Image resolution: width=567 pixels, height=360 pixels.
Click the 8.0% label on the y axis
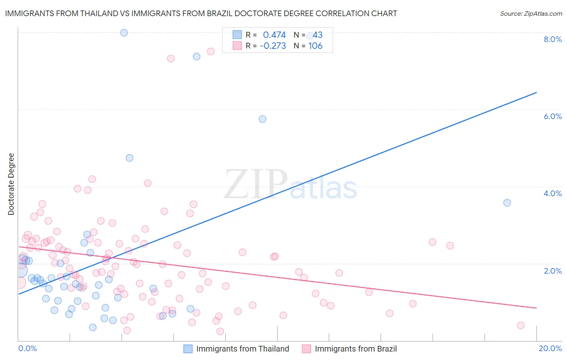[x=552, y=39]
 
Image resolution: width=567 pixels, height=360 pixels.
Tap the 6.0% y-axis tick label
[x=552, y=116]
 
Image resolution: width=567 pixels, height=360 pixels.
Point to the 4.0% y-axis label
[x=552, y=193]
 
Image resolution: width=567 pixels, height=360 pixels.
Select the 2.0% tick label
[x=552, y=271]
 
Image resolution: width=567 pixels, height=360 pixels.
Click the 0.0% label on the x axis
[x=27, y=348]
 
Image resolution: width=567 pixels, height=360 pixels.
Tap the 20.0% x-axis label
[x=550, y=348]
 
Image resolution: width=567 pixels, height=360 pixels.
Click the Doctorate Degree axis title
[x=11, y=184]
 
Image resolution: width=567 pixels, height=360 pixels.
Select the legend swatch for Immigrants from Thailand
[x=188, y=349]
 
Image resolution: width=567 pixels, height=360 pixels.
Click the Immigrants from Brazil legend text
[x=356, y=349]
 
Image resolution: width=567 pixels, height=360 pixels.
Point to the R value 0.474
[x=274, y=35]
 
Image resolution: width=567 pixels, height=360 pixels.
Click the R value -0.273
[x=273, y=46]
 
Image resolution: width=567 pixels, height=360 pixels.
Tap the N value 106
[x=315, y=46]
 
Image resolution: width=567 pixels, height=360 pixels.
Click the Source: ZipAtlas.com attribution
[x=531, y=14]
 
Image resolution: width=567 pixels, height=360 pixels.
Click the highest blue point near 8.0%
[x=124, y=33]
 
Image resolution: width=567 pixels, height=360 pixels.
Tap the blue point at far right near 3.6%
[x=507, y=203]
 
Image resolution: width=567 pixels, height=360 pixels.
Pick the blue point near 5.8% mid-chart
[x=263, y=119]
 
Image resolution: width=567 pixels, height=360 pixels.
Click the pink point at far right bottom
[x=521, y=325]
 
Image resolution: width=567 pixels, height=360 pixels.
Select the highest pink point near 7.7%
[x=211, y=51]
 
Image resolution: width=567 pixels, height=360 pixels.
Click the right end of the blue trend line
[x=536, y=92]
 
